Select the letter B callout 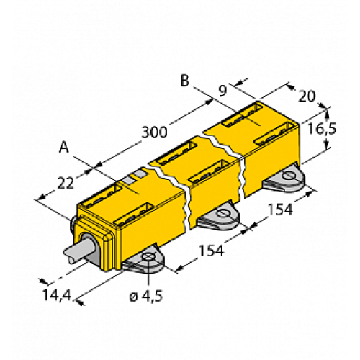click(185, 81)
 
